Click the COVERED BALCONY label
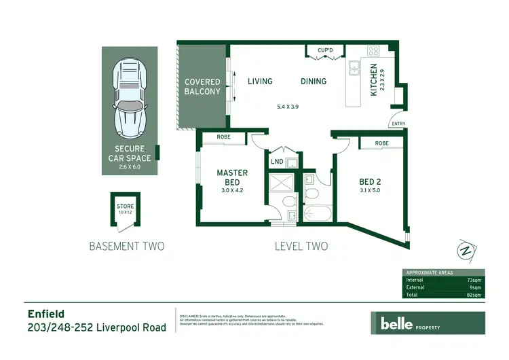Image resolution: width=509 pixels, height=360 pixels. [x=203, y=87]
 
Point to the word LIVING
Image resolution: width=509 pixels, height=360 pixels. [x=260, y=82]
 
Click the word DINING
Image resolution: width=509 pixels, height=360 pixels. [x=314, y=82]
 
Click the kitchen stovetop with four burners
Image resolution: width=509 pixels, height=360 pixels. [x=373, y=51]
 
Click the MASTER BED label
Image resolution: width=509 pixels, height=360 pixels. [x=232, y=177]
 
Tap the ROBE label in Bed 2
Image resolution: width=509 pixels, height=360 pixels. [x=382, y=143]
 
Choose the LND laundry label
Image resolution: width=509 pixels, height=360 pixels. [x=277, y=162]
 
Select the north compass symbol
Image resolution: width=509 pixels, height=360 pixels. [x=465, y=250]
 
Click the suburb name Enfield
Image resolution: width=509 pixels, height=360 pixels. [x=46, y=314]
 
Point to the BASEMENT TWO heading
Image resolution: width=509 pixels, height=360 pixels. [x=127, y=246]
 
